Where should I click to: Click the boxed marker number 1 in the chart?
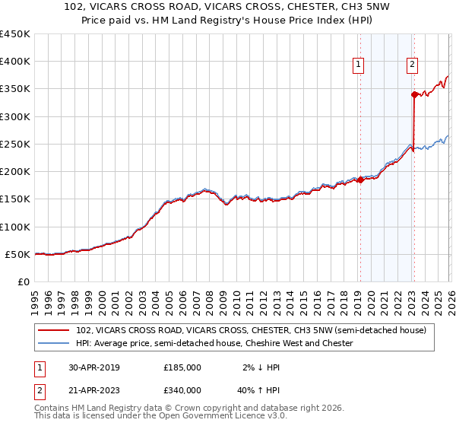click(x=358, y=65)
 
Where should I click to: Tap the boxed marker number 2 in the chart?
click(x=412, y=65)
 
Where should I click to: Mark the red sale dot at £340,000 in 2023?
click(x=414, y=94)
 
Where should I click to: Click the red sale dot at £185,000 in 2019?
click(x=360, y=180)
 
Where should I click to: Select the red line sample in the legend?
click(x=54, y=331)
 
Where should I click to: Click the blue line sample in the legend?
click(x=54, y=344)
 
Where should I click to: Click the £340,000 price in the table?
click(x=182, y=389)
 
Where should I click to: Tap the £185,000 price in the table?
click(x=182, y=367)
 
